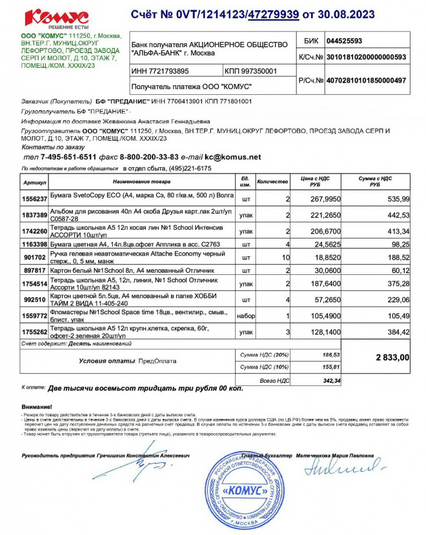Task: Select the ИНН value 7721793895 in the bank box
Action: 161,71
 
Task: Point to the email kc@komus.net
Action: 233,157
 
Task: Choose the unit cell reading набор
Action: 246,315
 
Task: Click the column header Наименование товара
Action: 139,181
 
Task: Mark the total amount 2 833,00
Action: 392,357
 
